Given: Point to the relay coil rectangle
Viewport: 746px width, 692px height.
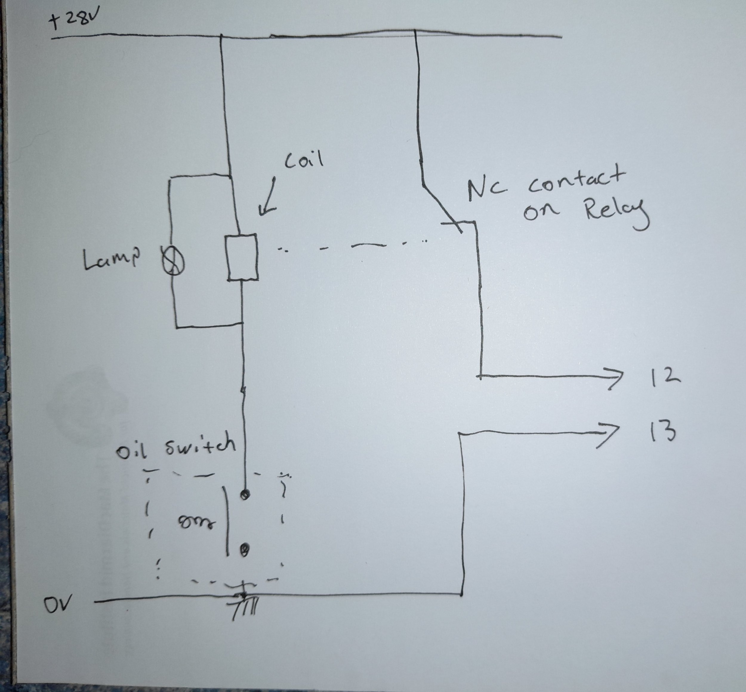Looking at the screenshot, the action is (242, 257).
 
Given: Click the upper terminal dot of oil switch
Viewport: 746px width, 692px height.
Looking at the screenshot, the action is (245, 495).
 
